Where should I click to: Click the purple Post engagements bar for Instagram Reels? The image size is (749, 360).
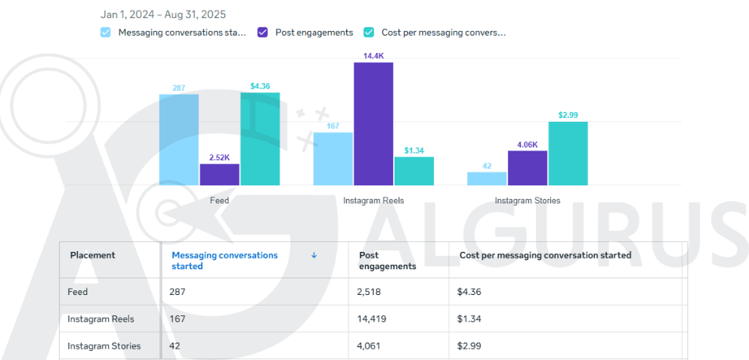373,123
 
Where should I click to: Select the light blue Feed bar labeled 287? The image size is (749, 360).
179,139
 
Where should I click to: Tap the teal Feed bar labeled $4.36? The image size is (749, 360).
260,138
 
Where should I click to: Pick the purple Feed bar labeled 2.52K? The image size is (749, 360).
219,174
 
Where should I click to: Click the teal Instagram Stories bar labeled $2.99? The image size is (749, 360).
568,153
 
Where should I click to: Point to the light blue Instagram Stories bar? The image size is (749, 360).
487,178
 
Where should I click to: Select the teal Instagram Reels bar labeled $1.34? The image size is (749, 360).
414,171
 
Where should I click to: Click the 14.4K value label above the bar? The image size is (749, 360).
373,55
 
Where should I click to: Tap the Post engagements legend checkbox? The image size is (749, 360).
263,33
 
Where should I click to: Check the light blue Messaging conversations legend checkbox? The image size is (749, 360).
106,33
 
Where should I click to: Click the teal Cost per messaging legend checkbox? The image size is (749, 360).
369,33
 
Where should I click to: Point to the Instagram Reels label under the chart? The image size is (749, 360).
373,200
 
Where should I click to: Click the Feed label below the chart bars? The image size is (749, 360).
219,200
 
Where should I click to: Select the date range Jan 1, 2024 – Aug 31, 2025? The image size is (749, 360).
163,14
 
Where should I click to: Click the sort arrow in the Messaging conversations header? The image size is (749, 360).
314,256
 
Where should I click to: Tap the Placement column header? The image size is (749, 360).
93,256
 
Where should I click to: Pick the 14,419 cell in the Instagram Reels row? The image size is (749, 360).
373,319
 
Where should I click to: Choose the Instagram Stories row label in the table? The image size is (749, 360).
104,346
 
